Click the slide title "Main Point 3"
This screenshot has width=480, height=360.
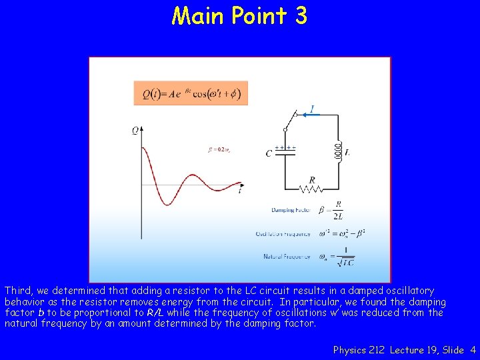point(239,15)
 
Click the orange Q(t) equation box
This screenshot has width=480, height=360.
point(191,93)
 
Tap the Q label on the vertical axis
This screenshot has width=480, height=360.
point(135,131)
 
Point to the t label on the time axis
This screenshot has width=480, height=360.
point(240,191)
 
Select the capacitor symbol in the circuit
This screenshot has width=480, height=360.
point(285,151)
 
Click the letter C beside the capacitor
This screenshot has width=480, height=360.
point(269,153)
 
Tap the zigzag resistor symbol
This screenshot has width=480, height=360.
point(311,189)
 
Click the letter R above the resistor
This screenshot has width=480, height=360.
point(311,179)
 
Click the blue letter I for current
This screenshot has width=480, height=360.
point(312,109)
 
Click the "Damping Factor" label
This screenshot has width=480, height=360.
point(291,210)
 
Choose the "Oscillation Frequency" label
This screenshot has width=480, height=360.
point(283,233)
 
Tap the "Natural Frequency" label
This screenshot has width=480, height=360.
point(287,257)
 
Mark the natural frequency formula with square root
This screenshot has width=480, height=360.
point(337,257)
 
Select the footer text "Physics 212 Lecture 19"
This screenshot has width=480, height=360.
point(383,349)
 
